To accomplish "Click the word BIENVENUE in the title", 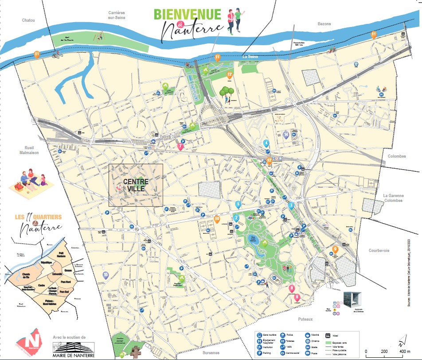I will [187, 14].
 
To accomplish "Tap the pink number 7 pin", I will [180, 146].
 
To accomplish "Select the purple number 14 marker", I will [286, 135].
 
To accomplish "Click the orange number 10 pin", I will [217, 218].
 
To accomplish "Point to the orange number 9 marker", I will [336, 249].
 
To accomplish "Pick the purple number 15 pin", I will [105, 275].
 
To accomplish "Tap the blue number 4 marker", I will [266, 143].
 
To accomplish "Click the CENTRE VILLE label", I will [136, 185].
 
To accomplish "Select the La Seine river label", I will [250, 56].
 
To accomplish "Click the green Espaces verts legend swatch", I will [329, 343].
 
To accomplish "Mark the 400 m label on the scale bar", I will [403, 352].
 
